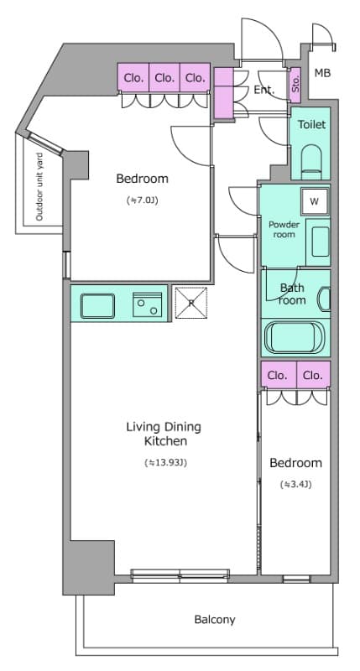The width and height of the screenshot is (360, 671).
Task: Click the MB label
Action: coord(322,73)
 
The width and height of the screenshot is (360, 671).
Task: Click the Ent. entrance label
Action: coord(264,90)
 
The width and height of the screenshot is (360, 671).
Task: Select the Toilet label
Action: coord(311,124)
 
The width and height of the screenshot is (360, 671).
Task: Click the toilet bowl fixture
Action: coord(311,162)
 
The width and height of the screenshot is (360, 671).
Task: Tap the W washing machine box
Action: coord(315,201)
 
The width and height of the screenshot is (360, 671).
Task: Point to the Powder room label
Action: coord(284,229)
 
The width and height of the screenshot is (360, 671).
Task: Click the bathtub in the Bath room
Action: coord(295,338)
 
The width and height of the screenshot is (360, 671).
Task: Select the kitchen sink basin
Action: coord(97,306)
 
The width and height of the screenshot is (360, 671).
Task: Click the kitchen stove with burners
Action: coord(147,304)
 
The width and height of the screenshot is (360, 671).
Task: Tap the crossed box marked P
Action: coord(191,303)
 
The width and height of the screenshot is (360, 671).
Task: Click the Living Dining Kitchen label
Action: coord(164,434)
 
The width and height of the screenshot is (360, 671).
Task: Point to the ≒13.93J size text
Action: coord(165,463)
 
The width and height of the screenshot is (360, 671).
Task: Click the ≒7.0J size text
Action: coord(143,200)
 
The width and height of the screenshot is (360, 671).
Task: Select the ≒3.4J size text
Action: coord(295,485)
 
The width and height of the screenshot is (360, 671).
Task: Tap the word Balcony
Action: coord(215,619)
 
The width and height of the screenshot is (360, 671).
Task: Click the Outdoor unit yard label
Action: coord(39,187)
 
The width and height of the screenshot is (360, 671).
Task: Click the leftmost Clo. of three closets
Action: coord(133,77)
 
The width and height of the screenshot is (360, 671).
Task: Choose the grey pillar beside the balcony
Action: coord(89,567)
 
